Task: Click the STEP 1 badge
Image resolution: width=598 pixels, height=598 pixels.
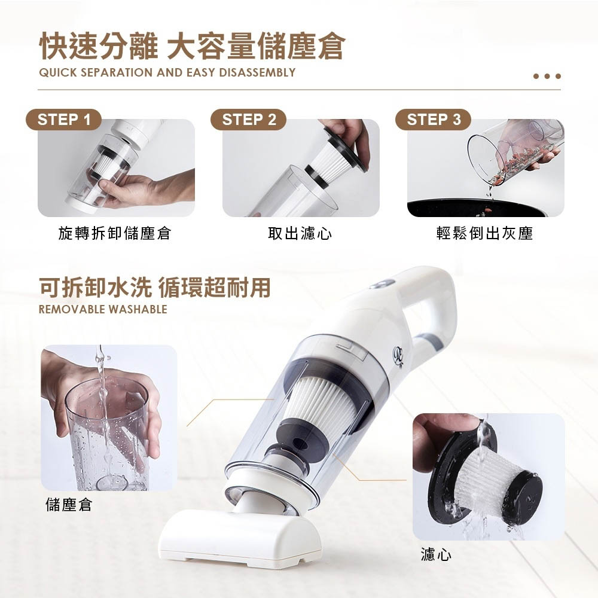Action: click(x=64, y=120)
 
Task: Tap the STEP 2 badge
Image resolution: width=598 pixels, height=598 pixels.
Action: click(x=248, y=120)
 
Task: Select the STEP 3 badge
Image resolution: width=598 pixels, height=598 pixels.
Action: click(x=433, y=120)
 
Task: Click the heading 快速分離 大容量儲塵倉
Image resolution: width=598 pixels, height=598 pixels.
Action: click(x=192, y=47)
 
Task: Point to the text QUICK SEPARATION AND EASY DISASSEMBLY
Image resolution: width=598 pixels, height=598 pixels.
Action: click(x=167, y=72)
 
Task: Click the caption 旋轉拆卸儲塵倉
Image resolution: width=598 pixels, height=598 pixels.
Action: click(x=115, y=233)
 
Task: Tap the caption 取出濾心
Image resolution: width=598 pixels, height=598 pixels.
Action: click(x=300, y=233)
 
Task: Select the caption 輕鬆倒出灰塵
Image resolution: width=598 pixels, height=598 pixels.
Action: click(x=485, y=233)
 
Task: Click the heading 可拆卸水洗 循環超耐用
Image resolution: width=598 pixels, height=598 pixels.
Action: click(x=155, y=287)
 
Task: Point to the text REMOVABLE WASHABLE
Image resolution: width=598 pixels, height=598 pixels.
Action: click(x=103, y=309)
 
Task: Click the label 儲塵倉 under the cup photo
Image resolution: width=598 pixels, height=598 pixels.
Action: click(x=69, y=505)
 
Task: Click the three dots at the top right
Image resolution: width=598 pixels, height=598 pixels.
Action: click(x=547, y=77)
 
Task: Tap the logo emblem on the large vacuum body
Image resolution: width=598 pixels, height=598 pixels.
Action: click(x=399, y=358)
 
